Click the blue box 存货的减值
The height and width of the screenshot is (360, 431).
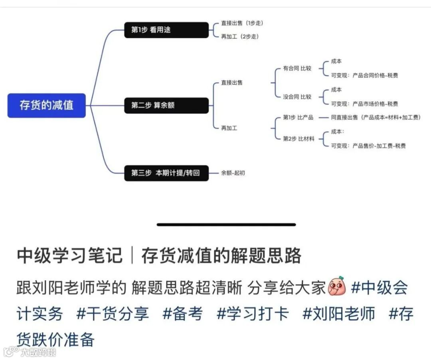click(46, 105)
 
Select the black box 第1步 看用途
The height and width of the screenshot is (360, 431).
click(166, 30)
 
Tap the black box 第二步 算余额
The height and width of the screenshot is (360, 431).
click(166, 105)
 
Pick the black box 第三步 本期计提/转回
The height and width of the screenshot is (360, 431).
click(166, 173)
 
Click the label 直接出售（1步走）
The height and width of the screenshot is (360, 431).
click(242, 23)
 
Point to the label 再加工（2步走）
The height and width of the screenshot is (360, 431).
click(239, 36)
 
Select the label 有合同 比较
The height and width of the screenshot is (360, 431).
click(297, 68)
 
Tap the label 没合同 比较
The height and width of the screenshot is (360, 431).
click(297, 97)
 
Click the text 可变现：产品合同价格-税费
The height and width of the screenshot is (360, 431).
click(364, 75)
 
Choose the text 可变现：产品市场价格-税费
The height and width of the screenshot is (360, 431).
click(364, 104)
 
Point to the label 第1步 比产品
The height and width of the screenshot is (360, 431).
click(298, 117)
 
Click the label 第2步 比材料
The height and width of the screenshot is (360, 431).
click(299, 139)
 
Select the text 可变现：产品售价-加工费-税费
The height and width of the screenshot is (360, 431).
click(368, 146)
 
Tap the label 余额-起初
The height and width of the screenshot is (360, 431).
click(233, 173)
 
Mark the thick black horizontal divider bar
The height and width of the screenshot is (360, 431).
click(226, 225)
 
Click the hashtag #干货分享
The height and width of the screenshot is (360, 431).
click(113, 314)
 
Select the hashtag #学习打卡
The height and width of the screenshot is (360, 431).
click(253, 314)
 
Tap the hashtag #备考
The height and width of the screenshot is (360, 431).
click(183, 314)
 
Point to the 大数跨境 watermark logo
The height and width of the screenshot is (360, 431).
click(30, 352)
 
